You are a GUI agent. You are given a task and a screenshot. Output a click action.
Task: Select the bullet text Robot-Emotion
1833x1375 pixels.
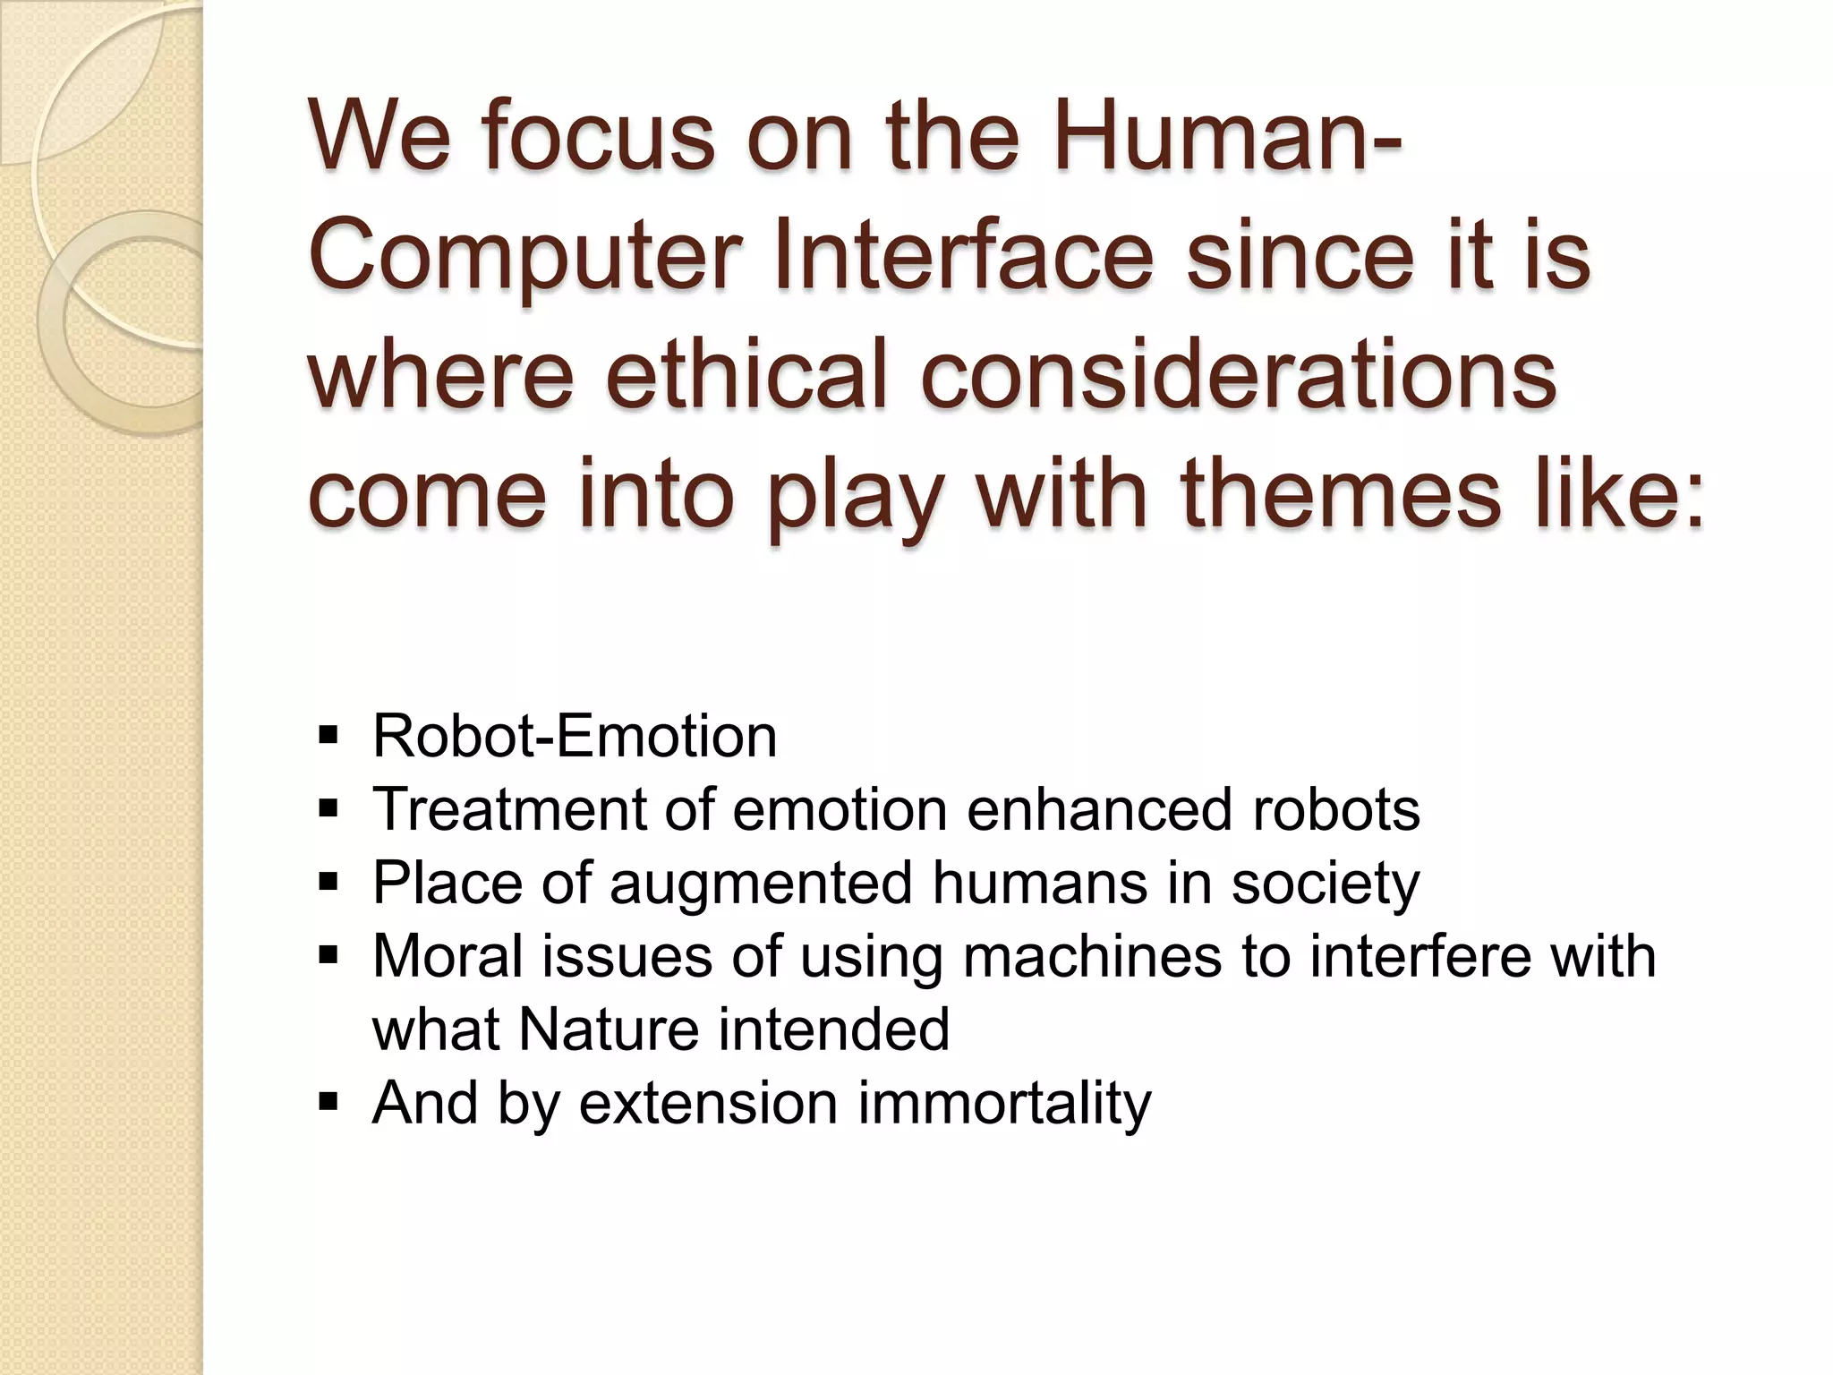click(x=575, y=737)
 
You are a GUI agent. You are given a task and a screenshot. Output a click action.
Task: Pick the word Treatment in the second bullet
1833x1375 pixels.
click(x=509, y=810)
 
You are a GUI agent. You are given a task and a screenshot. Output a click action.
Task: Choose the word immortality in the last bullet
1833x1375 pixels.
click(x=1004, y=1104)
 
